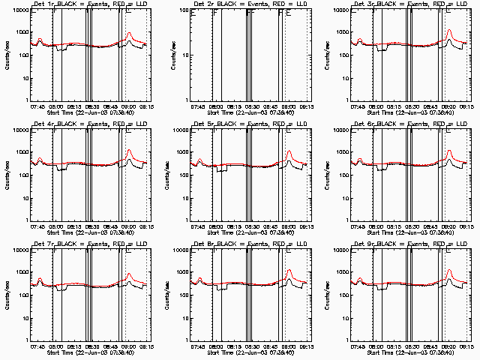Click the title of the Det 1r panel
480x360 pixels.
[88, 4]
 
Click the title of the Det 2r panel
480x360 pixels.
[247, 4]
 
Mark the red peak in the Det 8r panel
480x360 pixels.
[289, 271]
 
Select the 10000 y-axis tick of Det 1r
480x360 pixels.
[19, 10]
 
